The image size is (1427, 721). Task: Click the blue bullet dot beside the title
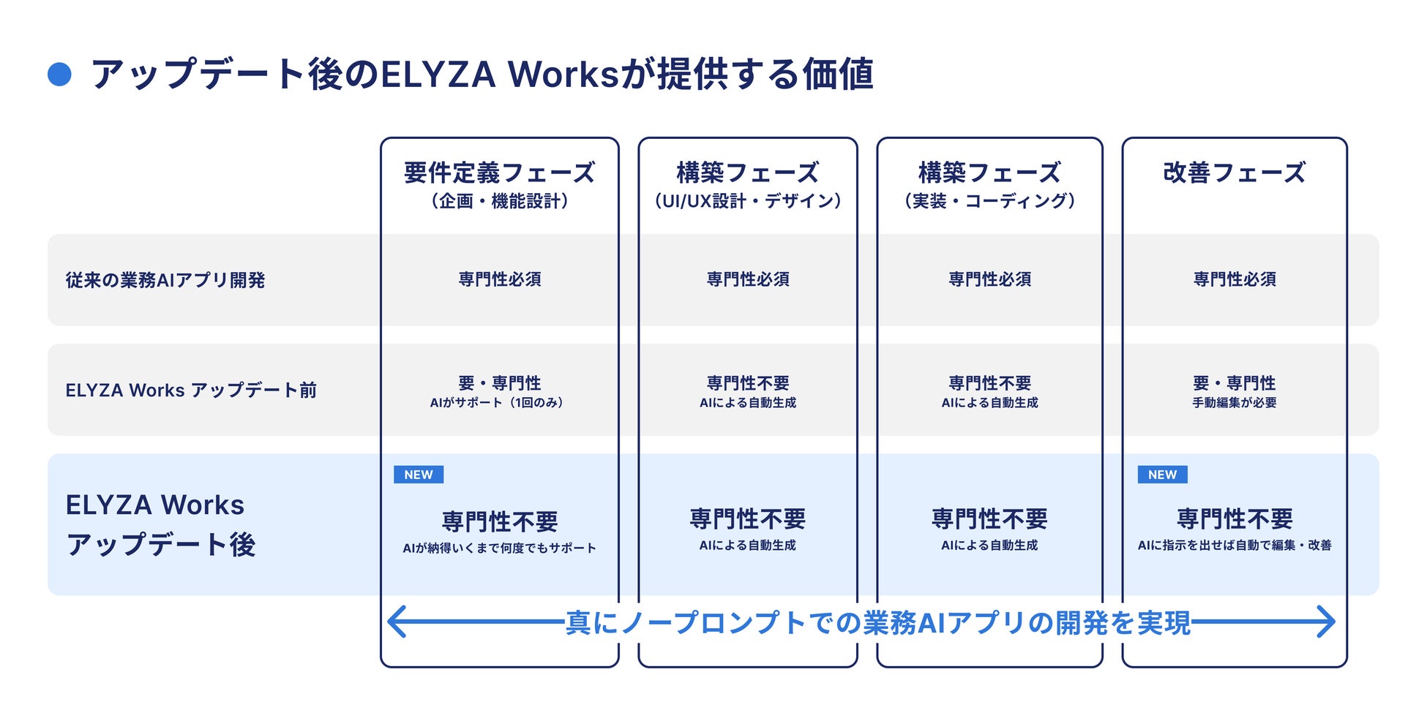(59, 75)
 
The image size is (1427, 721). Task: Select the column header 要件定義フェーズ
(499, 173)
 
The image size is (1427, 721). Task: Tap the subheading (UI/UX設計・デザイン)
(747, 201)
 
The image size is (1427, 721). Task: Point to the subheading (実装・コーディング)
(989, 201)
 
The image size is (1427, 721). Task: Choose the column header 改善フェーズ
(1234, 173)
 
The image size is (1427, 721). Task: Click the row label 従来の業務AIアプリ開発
(165, 280)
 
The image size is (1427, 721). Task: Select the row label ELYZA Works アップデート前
(191, 390)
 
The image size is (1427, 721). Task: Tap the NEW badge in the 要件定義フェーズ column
(419, 475)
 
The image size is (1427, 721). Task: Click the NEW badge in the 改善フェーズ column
(1162, 475)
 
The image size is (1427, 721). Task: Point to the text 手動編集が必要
(1234, 403)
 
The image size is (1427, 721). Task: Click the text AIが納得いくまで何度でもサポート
(499, 548)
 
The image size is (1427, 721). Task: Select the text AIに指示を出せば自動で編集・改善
(1234, 546)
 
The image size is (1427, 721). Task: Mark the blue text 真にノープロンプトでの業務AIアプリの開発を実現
(878, 623)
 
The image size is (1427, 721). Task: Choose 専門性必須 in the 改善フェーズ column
(1234, 279)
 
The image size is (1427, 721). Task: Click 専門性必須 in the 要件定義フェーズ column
(499, 279)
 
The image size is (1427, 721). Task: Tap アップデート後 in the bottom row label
(161, 545)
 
